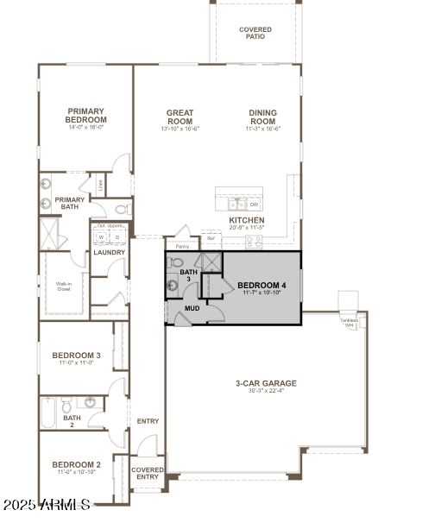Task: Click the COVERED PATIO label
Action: tap(255, 33)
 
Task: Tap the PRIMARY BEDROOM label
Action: tap(86, 115)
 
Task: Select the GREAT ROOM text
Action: tap(180, 117)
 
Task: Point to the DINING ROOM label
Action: tap(262, 117)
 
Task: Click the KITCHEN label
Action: tap(246, 221)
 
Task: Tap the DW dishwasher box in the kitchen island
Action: tap(255, 205)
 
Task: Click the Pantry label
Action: tap(182, 246)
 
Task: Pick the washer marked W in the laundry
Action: tap(101, 236)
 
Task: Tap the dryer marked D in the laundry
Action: tap(117, 236)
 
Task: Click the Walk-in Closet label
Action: tap(64, 286)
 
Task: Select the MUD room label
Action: tap(192, 308)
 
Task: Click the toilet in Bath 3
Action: tap(177, 262)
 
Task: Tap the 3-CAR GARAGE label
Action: tap(266, 383)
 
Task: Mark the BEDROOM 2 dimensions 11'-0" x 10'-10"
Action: tap(77, 472)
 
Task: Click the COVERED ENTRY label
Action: tap(148, 473)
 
